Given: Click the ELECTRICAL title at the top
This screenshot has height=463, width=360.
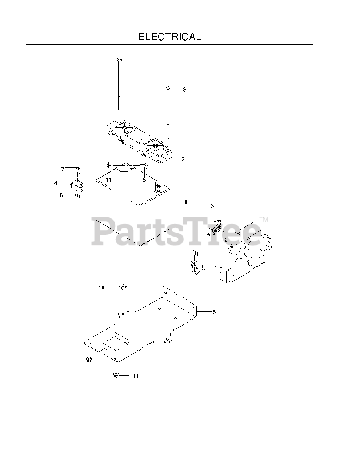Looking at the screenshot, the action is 170,37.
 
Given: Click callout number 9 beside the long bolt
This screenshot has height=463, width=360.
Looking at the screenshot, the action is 184,89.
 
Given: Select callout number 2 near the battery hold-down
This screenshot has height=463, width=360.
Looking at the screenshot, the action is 183,159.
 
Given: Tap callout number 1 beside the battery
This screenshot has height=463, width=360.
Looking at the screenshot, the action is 186,202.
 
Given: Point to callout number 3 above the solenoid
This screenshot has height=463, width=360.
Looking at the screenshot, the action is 212,206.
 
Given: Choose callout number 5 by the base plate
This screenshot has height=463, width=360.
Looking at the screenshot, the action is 214,312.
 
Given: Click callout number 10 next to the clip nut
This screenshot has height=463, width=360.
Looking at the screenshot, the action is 101,287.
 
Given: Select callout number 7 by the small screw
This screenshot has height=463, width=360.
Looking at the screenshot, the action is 63,169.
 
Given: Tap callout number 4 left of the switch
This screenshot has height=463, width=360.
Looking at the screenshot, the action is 56,183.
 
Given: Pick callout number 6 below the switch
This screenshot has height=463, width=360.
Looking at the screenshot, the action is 61,195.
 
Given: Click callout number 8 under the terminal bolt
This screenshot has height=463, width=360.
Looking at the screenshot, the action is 144,179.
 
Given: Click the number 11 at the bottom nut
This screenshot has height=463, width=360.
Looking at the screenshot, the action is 136,376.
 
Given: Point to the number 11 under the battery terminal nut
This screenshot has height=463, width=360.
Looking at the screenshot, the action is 108,179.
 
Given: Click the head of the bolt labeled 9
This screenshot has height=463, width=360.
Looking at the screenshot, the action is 168,88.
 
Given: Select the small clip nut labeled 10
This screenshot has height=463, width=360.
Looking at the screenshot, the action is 123,287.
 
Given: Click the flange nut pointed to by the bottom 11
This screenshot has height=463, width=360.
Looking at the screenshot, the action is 116,375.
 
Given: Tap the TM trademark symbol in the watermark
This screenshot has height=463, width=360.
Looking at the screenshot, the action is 263,220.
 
